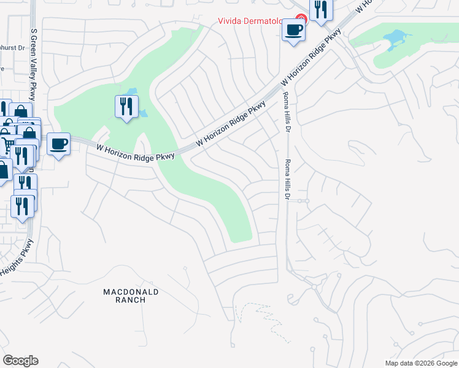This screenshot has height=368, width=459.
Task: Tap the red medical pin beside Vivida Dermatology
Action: click(301, 19)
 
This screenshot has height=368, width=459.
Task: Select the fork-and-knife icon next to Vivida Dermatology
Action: click(320, 10)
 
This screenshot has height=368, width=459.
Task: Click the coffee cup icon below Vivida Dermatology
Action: click(293, 29)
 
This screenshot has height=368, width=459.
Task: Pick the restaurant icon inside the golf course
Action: click(126, 107)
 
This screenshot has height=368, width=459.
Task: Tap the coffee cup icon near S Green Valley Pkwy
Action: click(58, 145)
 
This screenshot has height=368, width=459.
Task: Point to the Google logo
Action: click(20, 361)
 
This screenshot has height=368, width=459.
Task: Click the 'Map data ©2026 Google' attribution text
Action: click(421, 363)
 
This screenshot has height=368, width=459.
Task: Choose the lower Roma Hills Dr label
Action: click(286, 180)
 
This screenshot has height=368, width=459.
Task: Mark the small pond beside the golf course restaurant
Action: click(143, 113)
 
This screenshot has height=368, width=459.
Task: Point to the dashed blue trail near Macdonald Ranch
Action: click(264, 319)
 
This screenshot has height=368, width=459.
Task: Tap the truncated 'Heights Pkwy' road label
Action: click(16, 258)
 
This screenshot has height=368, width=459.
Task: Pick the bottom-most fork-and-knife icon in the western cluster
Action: click(23, 207)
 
